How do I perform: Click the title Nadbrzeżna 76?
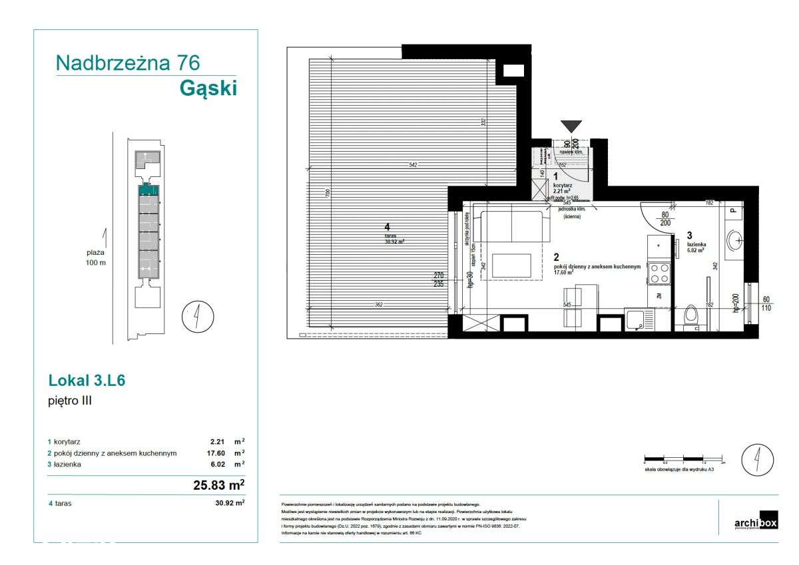[128, 63]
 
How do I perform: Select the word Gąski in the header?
[208, 88]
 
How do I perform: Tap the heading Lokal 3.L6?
[87, 381]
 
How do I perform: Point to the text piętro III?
[70, 401]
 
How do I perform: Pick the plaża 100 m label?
[96, 258]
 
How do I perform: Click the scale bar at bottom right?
[684, 461]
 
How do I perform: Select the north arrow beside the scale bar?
[758, 459]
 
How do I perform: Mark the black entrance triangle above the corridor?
[571, 127]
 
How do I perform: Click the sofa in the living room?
[515, 226]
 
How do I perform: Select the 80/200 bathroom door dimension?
[665, 220]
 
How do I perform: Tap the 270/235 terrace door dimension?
[439, 279]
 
